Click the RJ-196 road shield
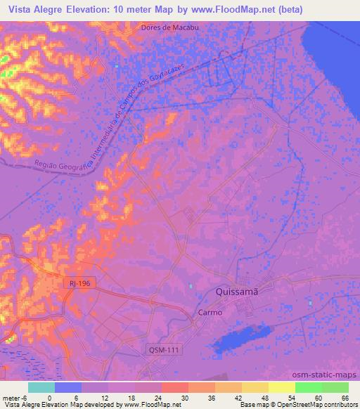79,283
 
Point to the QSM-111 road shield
163,349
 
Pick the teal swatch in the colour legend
41,387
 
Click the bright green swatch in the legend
308,387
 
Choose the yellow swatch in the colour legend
255,387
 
